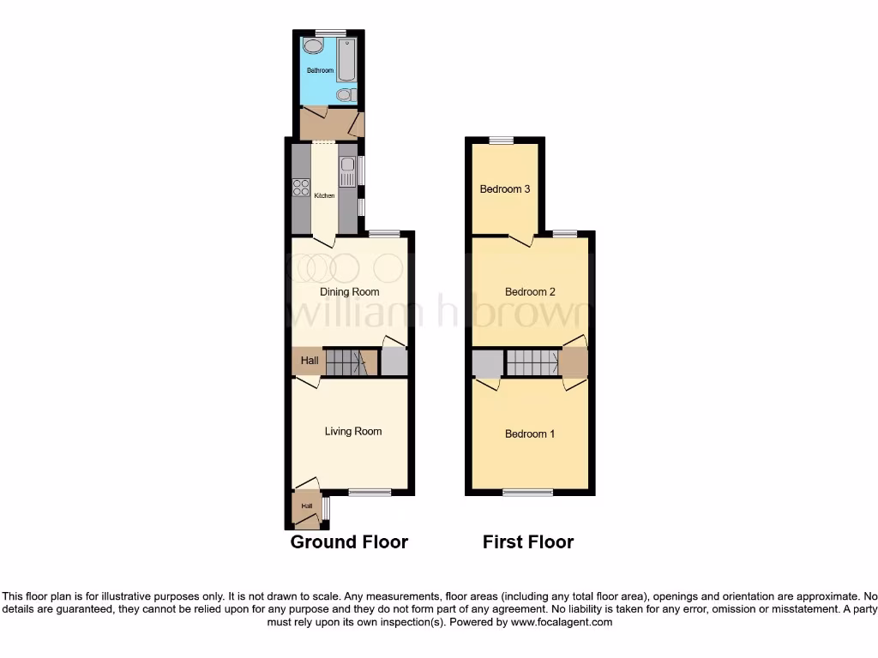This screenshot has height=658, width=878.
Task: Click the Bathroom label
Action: [320, 70]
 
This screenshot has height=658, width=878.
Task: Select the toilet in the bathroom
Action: [345, 94]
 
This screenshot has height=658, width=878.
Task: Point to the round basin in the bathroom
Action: [312, 45]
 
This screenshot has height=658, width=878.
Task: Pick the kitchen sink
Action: [346, 170]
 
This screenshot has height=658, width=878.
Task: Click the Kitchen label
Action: [324, 196]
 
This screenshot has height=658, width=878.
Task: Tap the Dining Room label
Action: [349, 292]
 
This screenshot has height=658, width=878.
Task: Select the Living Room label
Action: [352, 431]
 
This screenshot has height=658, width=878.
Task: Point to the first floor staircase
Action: [532, 362]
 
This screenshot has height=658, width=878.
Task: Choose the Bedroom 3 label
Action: [504, 188]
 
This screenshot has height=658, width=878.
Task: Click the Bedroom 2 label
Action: [530, 292]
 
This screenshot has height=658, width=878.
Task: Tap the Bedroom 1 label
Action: [529, 434]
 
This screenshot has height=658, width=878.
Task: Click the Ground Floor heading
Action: [349, 541]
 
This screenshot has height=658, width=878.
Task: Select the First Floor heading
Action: [528, 541]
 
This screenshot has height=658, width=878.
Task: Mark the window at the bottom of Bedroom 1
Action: [527, 492]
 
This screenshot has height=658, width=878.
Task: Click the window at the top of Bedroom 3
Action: [502, 141]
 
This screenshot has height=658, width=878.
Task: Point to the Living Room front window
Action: [370, 492]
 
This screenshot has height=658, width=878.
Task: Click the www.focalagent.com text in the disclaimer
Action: [562, 622]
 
